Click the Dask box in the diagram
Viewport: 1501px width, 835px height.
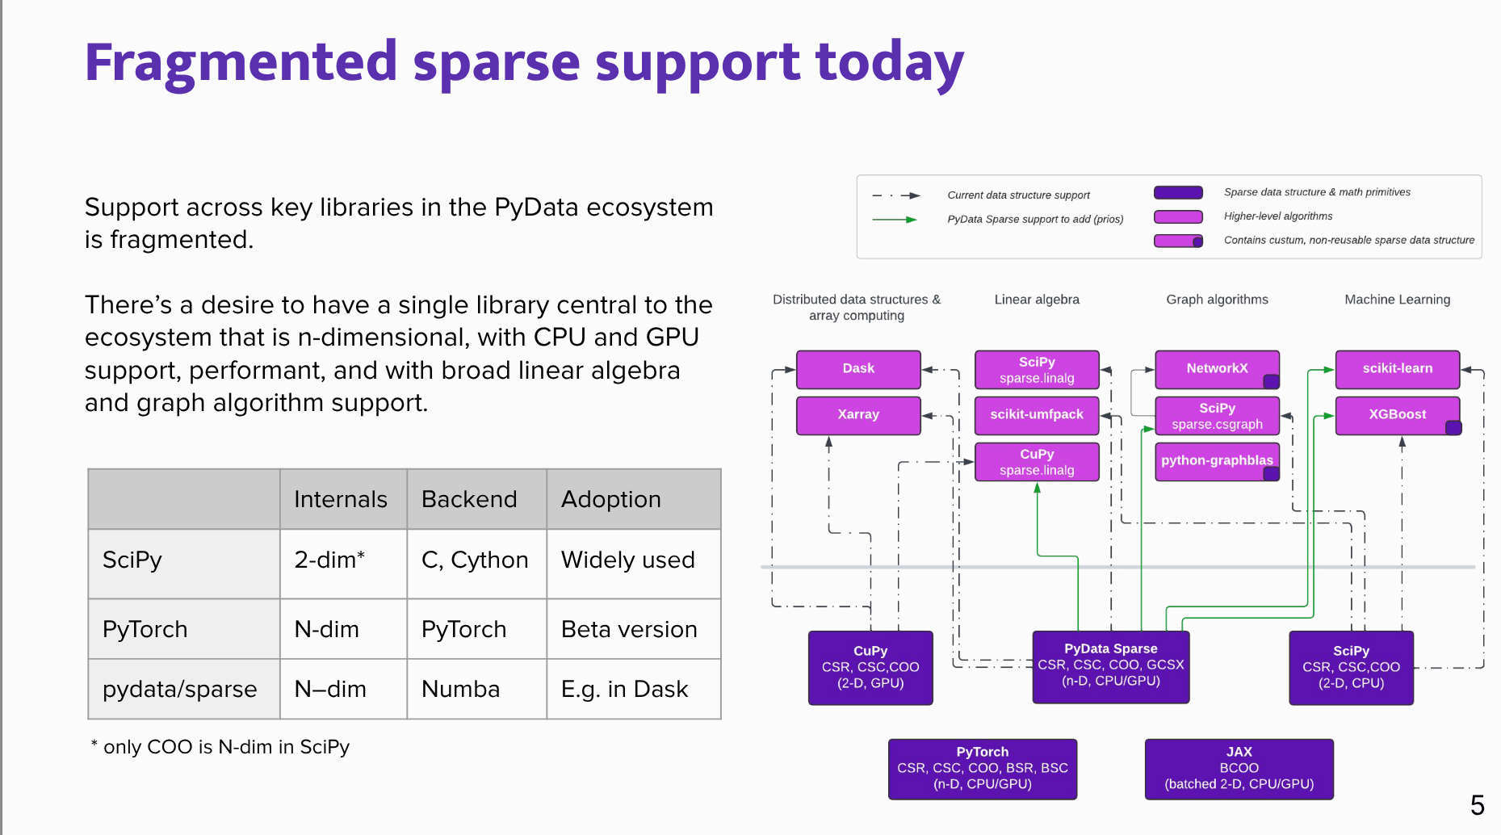coord(858,369)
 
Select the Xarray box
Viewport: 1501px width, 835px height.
coord(858,415)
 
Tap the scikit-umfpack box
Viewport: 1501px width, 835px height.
coord(1037,415)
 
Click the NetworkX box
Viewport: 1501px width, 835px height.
coord(1216,369)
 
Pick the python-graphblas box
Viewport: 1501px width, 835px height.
coord(1216,461)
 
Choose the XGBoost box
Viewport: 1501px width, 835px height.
coord(1397,415)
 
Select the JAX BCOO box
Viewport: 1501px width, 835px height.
coord(1239,769)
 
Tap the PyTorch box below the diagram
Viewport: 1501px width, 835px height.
coord(982,769)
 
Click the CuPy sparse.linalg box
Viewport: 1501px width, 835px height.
coord(1037,462)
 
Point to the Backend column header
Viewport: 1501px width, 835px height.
coord(469,500)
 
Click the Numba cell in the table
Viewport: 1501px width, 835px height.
coord(461,690)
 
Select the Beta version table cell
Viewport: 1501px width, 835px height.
coord(629,630)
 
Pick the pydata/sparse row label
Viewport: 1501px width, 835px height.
coord(180,690)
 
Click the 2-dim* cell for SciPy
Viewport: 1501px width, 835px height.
coord(329,560)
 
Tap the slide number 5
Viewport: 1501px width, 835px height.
coord(1477,805)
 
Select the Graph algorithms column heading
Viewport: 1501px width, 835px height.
coord(1217,300)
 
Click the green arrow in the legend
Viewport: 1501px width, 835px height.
coord(895,220)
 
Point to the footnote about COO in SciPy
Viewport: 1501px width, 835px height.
coord(220,747)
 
